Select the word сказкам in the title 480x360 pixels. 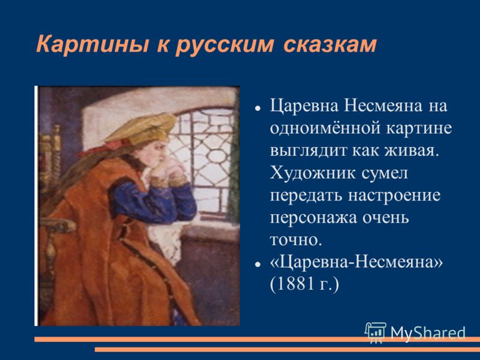pyautogui.click(x=330, y=44)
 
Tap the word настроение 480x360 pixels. pyautogui.click(x=395, y=196)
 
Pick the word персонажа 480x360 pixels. pyautogui.click(x=313, y=218)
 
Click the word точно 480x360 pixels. pyautogui.click(x=296, y=241)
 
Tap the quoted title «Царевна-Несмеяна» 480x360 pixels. pyautogui.click(x=356, y=262)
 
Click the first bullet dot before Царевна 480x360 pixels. pyautogui.click(x=258, y=109)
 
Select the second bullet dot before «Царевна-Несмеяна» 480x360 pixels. pyautogui.click(x=258, y=265)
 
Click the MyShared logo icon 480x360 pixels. pyautogui.click(x=376, y=332)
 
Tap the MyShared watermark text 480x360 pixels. pyautogui.click(x=428, y=333)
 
